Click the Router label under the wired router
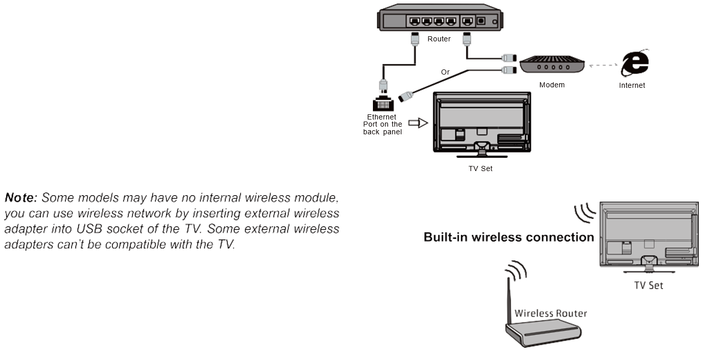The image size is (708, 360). click(439, 39)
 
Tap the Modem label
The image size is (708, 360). click(552, 85)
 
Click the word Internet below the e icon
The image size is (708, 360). click(632, 85)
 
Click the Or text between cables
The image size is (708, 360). click(445, 72)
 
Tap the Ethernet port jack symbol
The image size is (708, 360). click(383, 103)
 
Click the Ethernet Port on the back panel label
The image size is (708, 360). click(383, 124)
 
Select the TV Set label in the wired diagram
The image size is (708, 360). click(480, 169)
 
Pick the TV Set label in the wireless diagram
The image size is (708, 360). click(649, 285)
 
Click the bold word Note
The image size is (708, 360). click(21, 197)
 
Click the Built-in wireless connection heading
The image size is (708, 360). click(509, 237)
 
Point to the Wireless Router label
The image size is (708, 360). click(551, 313)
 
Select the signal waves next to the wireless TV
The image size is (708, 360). click(584, 212)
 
